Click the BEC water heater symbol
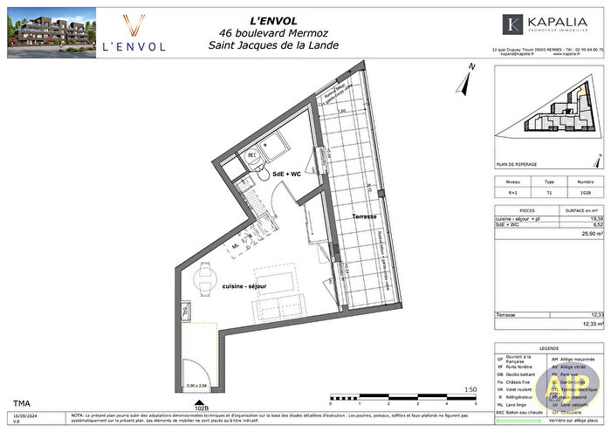point(251,156)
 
